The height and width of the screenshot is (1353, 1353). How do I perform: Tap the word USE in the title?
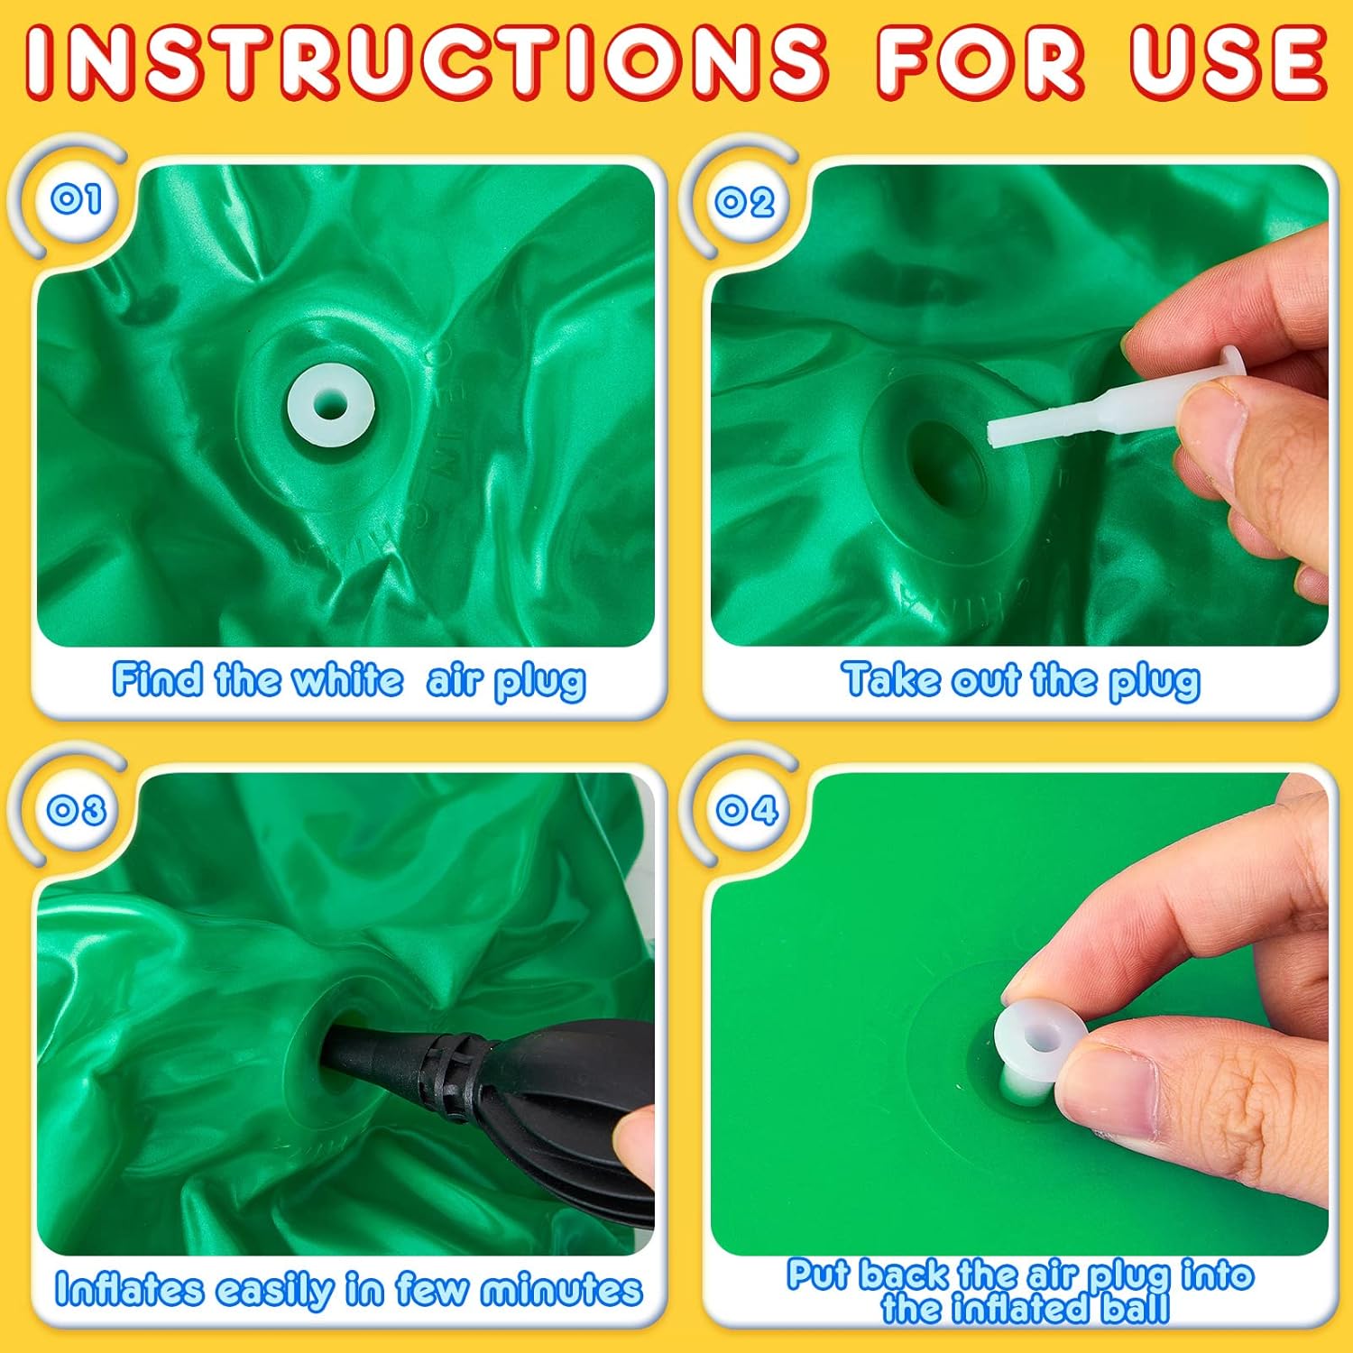(1229, 60)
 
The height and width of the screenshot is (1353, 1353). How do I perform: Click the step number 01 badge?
(76, 198)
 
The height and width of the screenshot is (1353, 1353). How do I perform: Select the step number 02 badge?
(744, 201)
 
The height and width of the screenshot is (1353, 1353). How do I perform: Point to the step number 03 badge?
(77, 809)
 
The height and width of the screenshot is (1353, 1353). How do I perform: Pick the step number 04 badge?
(747, 809)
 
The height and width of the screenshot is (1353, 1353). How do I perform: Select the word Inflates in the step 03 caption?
(129, 1289)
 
